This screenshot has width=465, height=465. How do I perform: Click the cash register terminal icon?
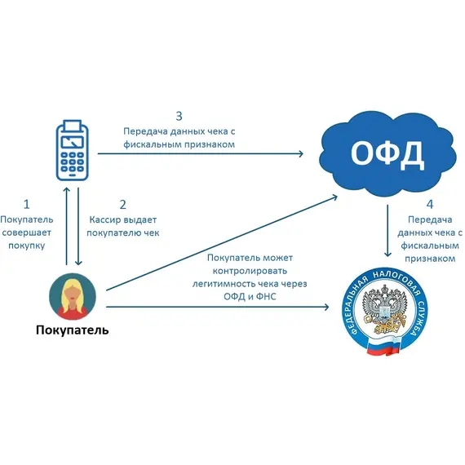[x=72, y=152]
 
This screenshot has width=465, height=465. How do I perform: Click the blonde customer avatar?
[x=71, y=295]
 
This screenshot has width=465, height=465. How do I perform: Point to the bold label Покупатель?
[x=71, y=330]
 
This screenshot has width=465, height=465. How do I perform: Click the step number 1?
[x=27, y=204]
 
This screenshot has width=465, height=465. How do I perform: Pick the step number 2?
[x=123, y=204]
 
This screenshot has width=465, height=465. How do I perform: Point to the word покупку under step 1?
[x=27, y=247]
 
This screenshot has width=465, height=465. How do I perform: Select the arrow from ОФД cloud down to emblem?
[x=387, y=230]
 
